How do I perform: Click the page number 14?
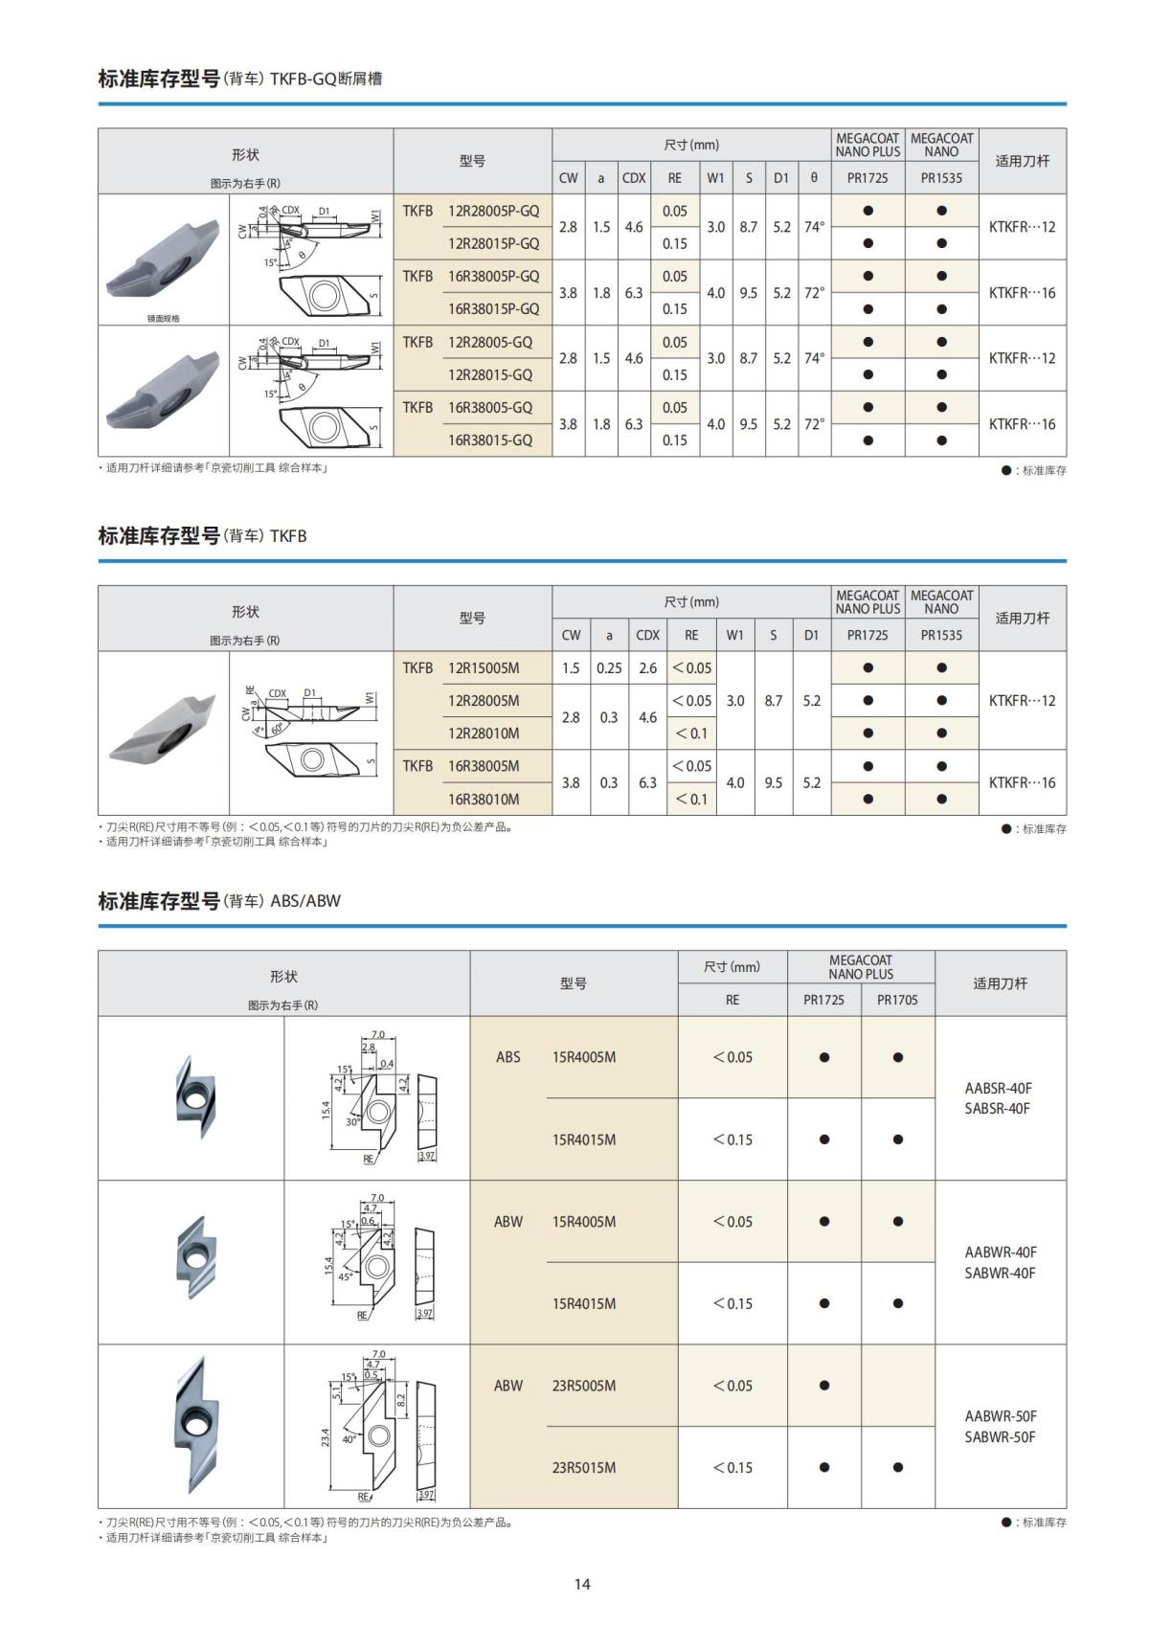[582, 1583]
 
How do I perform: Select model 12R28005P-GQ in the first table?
[493, 211]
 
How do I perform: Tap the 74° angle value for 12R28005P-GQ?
[814, 227]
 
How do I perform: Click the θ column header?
[814, 177]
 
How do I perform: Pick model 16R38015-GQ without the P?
[489, 440]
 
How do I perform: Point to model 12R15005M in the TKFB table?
[484, 667]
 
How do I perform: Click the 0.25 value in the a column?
[609, 667]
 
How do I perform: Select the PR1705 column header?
[897, 1000]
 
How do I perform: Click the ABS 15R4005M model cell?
[583, 1057]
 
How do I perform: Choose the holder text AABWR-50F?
[1001, 1415]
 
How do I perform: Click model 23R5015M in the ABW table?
[583, 1467]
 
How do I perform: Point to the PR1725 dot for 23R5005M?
[824, 1386]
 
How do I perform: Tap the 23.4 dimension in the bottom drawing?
[326, 1437]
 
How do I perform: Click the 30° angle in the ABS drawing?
[351, 1122]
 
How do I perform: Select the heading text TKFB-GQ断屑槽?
[326, 79]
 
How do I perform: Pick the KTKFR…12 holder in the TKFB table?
[1022, 700]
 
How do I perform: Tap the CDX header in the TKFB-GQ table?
[634, 177]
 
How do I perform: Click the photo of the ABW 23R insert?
[191, 1425]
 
